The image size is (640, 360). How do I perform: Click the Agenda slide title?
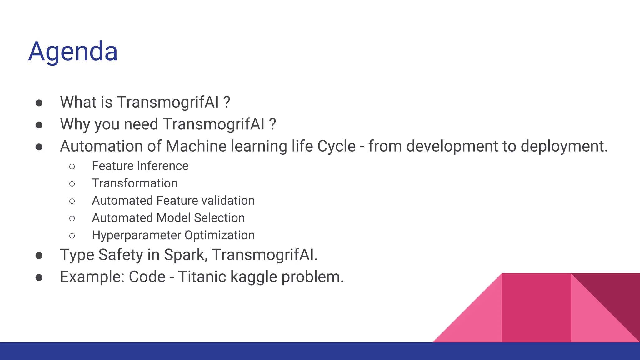click(x=73, y=52)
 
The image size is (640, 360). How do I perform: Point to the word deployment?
click(x=564, y=146)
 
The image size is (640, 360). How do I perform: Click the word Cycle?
click(x=336, y=146)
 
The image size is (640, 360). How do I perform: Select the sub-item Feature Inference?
click(x=140, y=166)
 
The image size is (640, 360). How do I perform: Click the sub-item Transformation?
click(x=135, y=183)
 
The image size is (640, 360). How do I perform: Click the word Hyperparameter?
click(x=136, y=235)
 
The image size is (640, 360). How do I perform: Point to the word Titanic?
click(x=202, y=277)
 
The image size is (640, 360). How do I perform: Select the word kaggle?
click(x=253, y=277)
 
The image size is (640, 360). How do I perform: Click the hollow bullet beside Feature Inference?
click(x=72, y=167)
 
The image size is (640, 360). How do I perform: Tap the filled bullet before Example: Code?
click(x=39, y=277)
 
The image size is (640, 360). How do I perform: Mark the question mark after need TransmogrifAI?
click(x=272, y=124)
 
